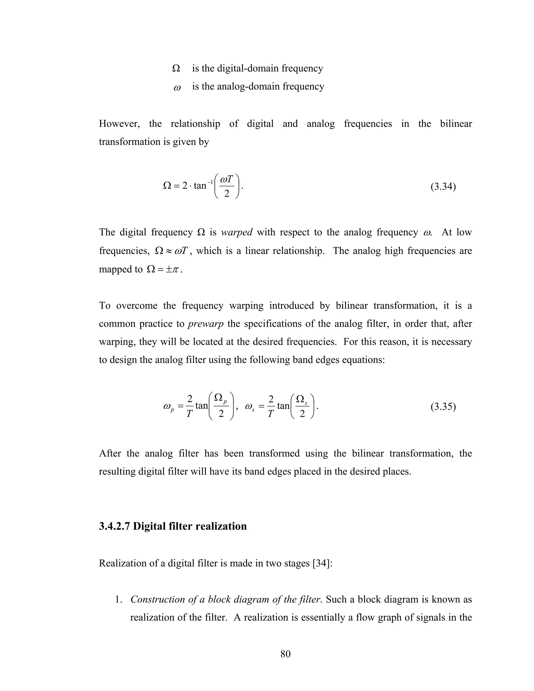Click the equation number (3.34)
pos(443,187)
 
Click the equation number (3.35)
pos(443,407)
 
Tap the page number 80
pos(285,653)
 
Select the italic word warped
pos(237,232)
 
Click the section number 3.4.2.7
pos(114,526)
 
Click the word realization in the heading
pos(221,526)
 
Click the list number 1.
pos(119,599)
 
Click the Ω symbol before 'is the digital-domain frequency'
pos(176,69)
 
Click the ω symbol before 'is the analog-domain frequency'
pos(177,88)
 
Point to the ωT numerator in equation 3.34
pos(227,180)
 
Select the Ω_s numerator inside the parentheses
pos(301,399)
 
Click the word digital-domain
pos(248,68)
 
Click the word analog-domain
pos(248,86)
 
